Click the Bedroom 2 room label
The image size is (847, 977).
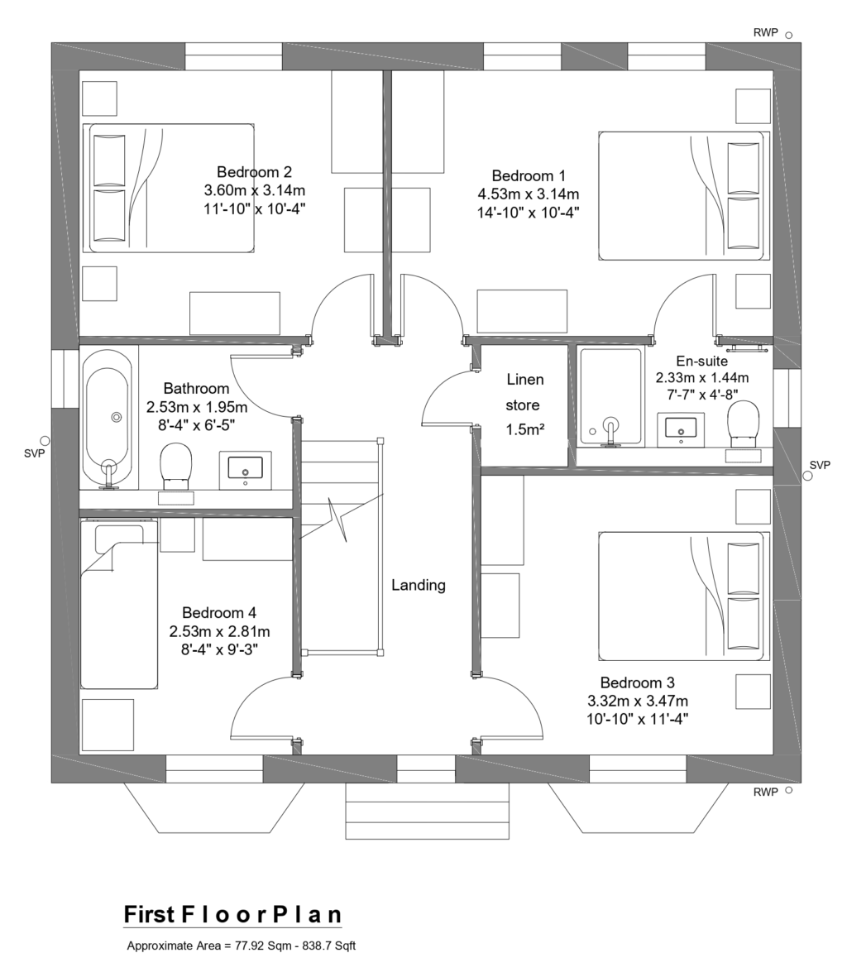(x=254, y=172)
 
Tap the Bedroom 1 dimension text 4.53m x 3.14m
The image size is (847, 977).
(x=528, y=194)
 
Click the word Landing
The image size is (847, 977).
(x=418, y=585)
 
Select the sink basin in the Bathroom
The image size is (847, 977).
(x=245, y=468)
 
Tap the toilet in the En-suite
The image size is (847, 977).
(x=742, y=421)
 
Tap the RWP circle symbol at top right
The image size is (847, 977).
(x=788, y=35)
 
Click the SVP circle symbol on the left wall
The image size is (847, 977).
(x=45, y=440)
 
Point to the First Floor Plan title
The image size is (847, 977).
(x=232, y=914)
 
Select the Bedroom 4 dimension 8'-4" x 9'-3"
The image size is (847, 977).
(x=218, y=649)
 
